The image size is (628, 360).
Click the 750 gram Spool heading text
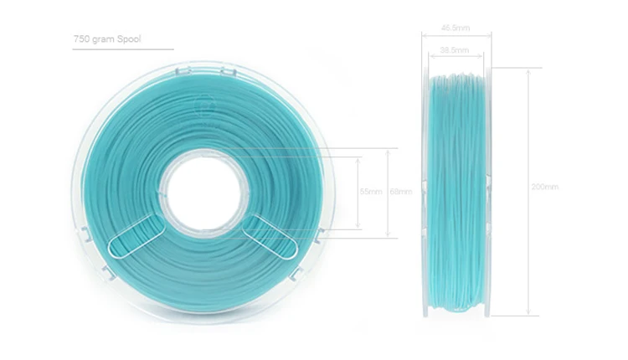[x=107, y=39]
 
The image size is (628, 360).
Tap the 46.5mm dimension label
[x=456, y=28]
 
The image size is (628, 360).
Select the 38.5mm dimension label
[x=455, y=50]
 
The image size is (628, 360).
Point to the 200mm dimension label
[x=545, y=187]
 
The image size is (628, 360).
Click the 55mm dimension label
[x=371, y=192]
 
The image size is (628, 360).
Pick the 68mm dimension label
[x=401, y=192]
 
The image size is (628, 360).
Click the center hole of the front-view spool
[x=203, y=193]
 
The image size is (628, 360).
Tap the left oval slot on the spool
[x=137, y=236]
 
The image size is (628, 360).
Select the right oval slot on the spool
[x=270, y=236]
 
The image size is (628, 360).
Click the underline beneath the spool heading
[x=123, y=49]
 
